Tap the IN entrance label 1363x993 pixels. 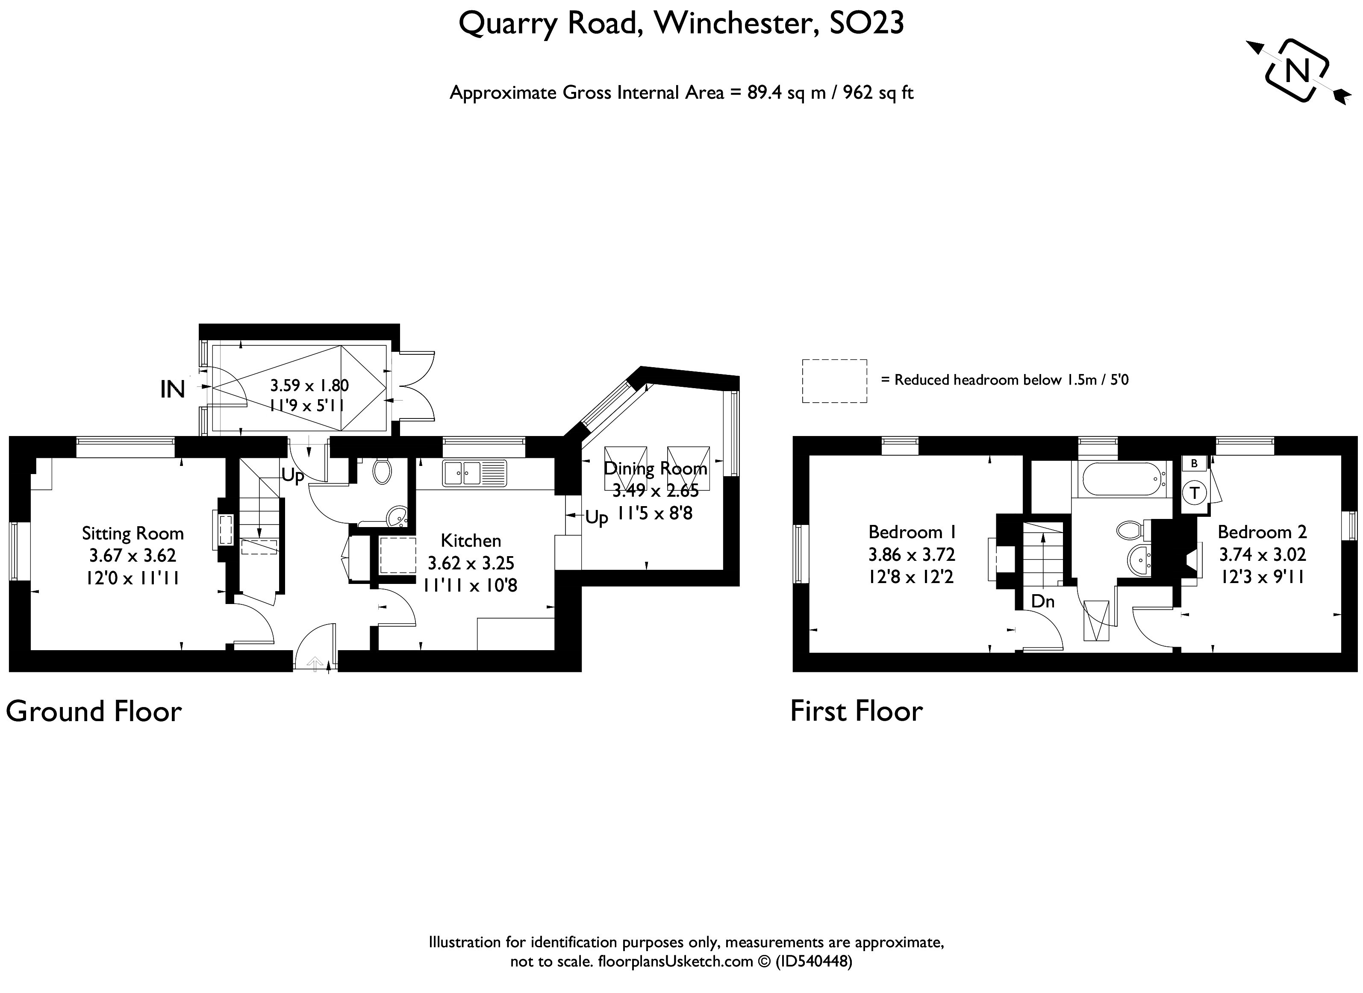coord(173,389)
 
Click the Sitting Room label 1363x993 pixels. coord(133,533)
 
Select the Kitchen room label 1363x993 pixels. coord(471,540)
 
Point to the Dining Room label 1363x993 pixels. coord(655,468)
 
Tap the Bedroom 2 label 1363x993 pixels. coord(1262,532)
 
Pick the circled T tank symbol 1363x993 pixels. coord(1195,493)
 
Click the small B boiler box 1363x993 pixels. coord(1194,463)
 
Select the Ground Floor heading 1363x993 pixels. coord(94,711)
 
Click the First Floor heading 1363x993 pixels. coord(856,711)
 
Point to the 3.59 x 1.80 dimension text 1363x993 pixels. coord(309,385)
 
